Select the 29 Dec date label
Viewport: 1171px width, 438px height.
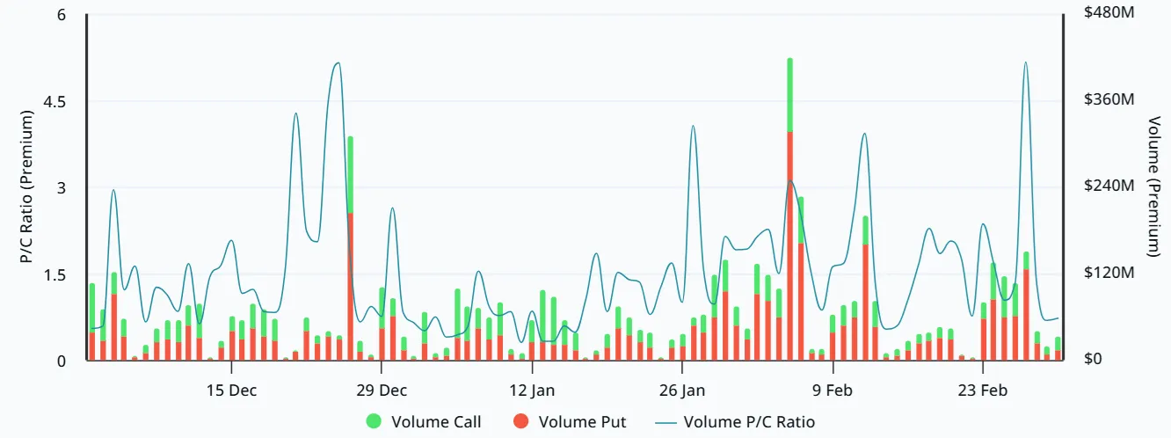(382, 390)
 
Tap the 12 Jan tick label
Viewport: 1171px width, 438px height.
(531, 390)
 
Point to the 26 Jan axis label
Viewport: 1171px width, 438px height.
(681, 390)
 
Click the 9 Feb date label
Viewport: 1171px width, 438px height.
(830, 390)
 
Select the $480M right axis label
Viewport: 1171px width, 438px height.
(1109, 15)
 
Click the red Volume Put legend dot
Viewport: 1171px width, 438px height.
(520, 422)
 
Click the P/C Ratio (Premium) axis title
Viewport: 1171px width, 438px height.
(26, 186)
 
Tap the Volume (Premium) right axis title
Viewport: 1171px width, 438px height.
(1153, 186)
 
